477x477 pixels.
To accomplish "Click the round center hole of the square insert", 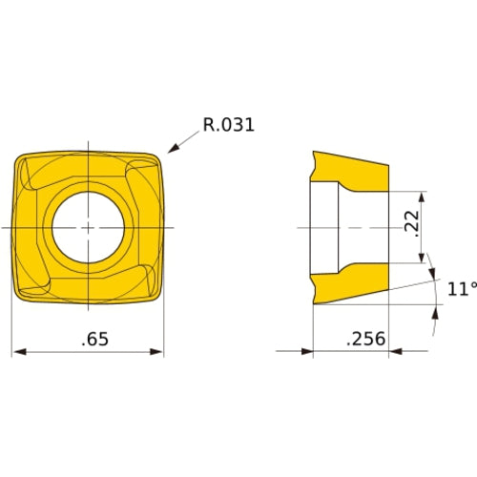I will point(87,228).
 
